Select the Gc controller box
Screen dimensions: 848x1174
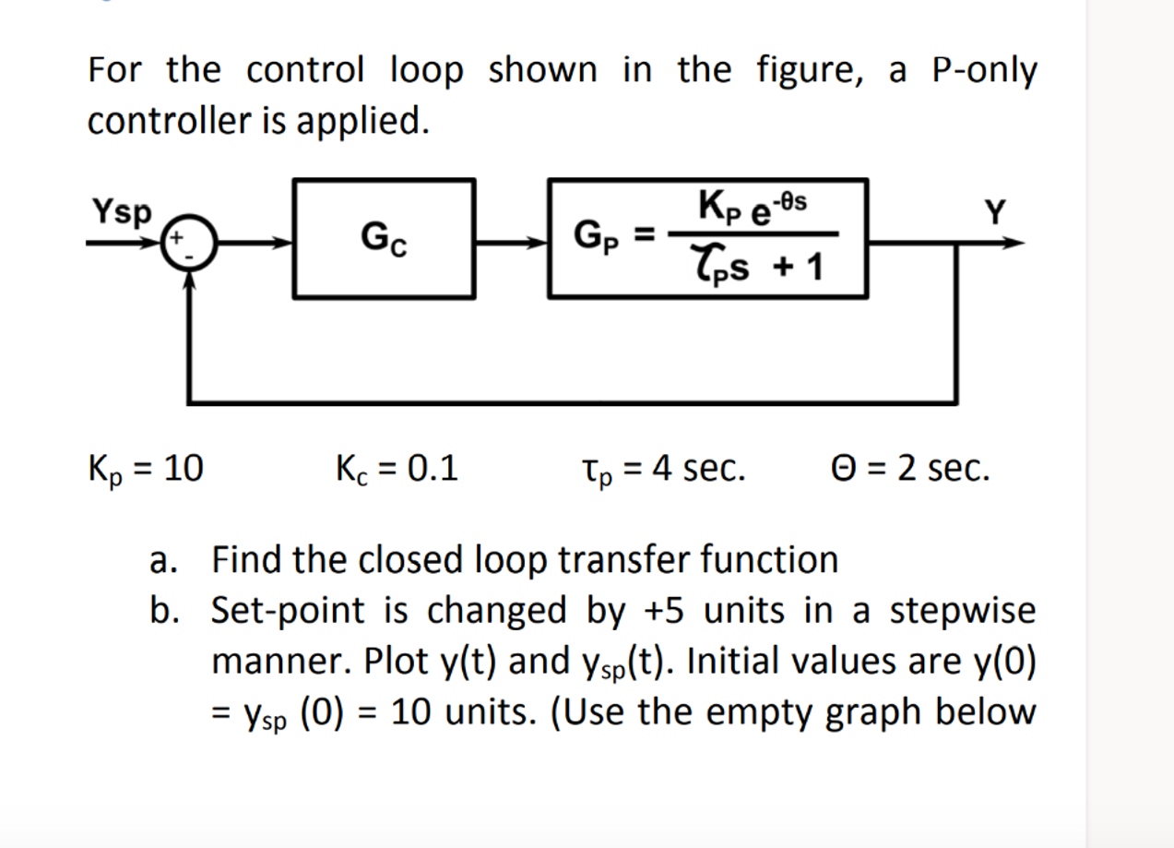[384, 239]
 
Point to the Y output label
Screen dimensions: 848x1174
[993, 213]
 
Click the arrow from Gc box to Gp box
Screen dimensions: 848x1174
[512, 244]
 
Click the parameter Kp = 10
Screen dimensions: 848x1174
[146, 470]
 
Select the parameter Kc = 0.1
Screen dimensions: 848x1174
[396, 470]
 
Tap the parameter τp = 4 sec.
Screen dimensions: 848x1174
[658, 470]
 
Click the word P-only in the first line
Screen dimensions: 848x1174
[985, 71]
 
